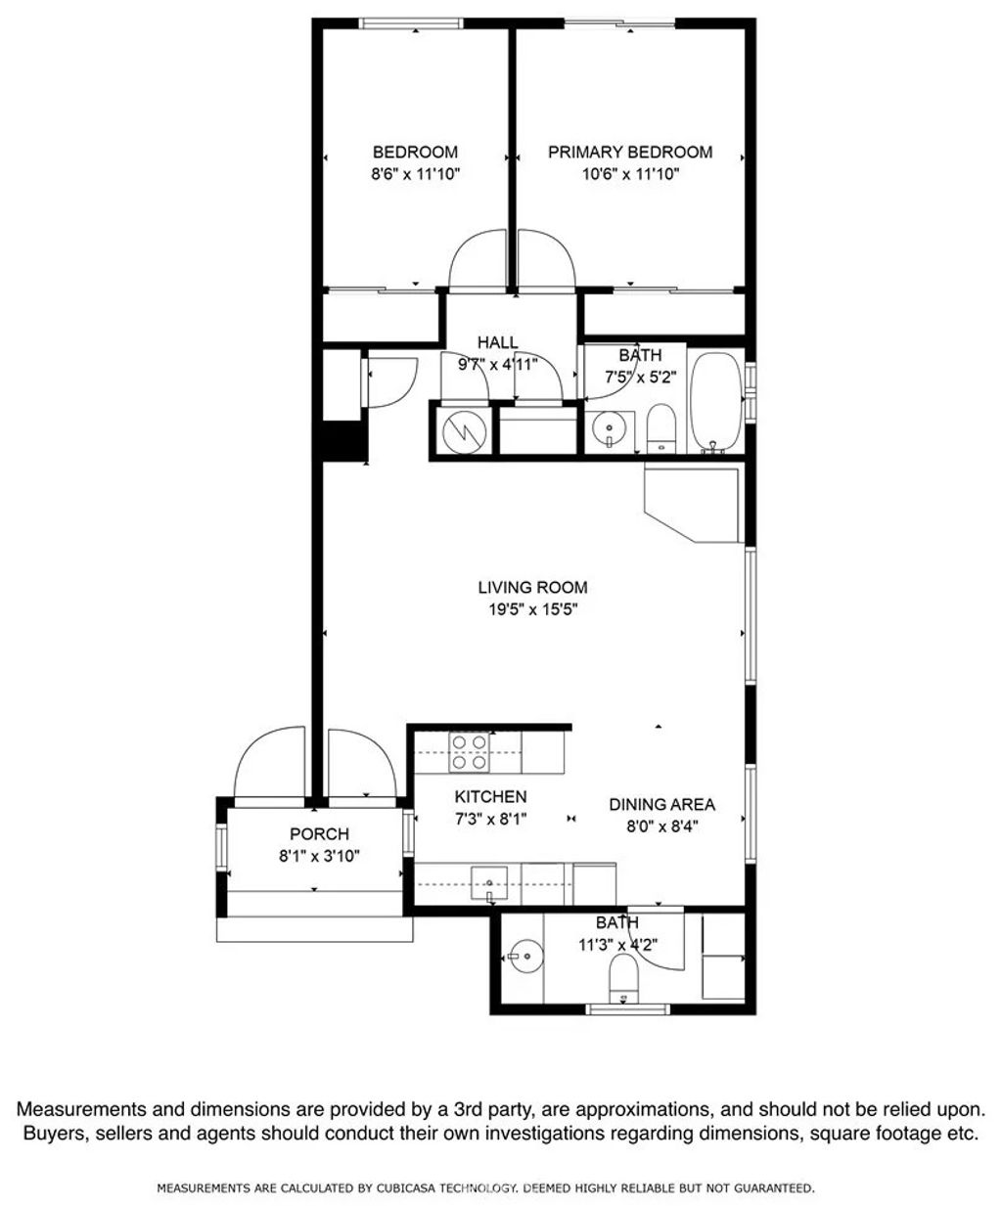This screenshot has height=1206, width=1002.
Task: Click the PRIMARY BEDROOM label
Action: click(629, 152)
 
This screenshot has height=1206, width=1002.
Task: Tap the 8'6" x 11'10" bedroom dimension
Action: click(415, 174)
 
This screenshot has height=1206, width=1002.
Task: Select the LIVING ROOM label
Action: click(532, 588)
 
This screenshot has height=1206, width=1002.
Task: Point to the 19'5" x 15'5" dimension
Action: click(532, 609)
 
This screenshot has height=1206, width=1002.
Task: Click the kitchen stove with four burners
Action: click(469, 752)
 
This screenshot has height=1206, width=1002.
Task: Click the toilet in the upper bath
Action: click(662, 429)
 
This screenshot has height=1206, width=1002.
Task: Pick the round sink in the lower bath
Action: click(522, 957)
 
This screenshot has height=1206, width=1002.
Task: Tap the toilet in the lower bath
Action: click(622, 976)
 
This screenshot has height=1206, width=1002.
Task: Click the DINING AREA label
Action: click(661, 804)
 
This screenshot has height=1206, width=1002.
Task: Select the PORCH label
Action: click(319, 834)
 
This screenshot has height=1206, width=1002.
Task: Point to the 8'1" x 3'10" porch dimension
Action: click(319, 856)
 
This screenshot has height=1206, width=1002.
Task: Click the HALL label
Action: click(497, 342)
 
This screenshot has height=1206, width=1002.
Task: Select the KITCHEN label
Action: click(490, 797)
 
